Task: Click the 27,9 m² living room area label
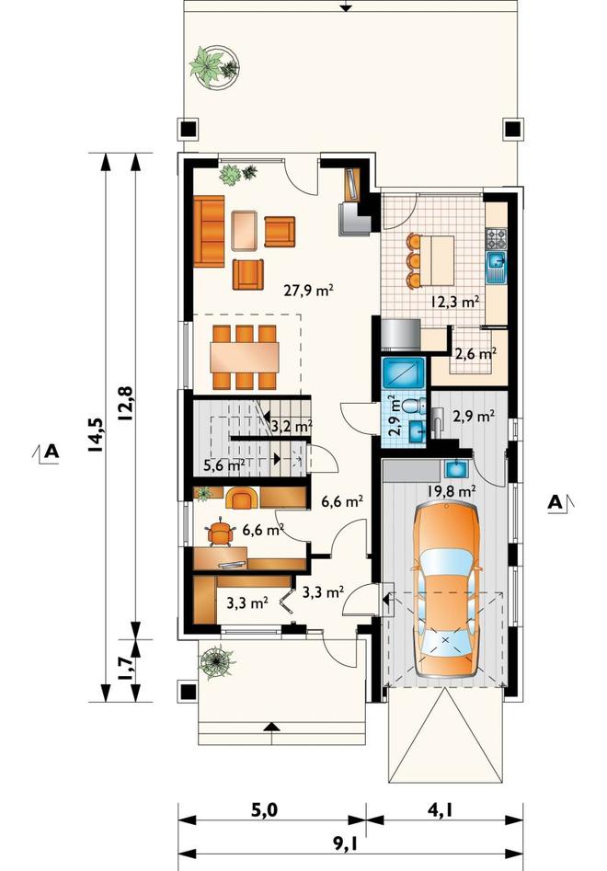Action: coord(309,290)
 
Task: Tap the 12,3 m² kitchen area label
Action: coord(455,302)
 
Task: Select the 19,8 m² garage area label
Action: coord(452,490)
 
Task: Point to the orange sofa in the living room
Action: coord(209,230)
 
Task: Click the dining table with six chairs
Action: coord(245,357)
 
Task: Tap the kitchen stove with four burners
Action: coord(496,239)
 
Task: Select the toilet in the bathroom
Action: coord(412,405)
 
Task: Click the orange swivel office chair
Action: coord(221,533)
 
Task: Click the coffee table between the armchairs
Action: coord(245,230)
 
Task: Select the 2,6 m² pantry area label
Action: coord(475,353)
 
